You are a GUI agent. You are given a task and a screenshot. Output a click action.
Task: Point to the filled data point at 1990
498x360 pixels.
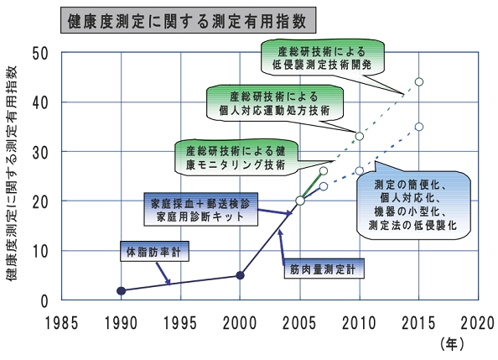122,290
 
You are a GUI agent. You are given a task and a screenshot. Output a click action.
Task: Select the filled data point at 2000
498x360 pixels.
241,275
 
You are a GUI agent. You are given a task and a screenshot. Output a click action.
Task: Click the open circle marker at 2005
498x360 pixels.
300,201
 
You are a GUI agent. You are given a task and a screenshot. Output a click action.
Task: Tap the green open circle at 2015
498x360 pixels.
419,81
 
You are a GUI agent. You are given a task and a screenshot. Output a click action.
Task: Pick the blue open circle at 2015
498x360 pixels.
419,127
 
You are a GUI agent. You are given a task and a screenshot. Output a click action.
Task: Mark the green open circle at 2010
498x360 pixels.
360,136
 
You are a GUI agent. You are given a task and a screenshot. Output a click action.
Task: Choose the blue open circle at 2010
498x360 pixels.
360,171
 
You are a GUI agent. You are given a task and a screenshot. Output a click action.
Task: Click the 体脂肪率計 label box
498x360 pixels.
154,251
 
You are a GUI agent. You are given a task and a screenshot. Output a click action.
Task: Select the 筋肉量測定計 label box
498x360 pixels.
324,269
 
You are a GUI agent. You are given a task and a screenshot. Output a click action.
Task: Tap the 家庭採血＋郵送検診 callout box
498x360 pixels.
200,209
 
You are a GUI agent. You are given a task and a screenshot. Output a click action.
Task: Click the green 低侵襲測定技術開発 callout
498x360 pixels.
323,58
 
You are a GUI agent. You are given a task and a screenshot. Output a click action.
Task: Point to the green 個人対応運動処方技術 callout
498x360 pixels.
275,103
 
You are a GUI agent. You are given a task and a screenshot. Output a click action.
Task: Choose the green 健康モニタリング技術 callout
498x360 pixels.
236,158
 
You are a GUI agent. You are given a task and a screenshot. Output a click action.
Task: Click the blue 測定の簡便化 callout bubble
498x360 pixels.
413,204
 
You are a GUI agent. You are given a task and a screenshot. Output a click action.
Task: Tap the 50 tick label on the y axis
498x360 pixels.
40,53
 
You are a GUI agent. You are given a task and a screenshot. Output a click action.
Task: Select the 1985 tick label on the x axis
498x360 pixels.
61,323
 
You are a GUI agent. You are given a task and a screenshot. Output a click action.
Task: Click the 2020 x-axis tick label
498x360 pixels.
478,323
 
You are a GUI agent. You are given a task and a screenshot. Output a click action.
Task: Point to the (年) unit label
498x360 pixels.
452,344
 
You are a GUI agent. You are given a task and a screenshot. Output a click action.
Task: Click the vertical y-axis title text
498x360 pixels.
11,174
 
